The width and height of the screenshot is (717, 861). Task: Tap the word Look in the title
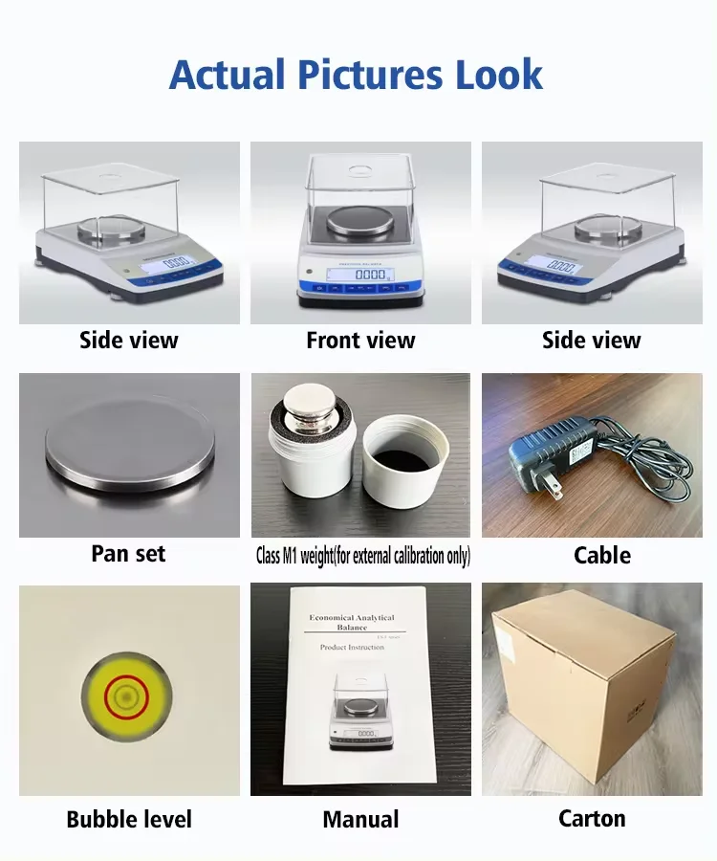coord(495,75)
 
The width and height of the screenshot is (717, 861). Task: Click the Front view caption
coord(360,340)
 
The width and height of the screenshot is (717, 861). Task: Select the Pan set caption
coord(128,554)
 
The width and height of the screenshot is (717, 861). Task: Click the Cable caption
coord(601,555)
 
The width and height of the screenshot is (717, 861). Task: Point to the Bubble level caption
coord(129,820)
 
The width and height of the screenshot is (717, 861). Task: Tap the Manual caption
coord(360,820)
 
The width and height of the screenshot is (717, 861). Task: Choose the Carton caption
coord(592,819)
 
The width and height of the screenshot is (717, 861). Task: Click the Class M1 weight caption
coord(362,556)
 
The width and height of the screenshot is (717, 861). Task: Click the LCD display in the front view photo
coord(359,275)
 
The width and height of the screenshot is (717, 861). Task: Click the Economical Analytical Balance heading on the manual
coord(352,623)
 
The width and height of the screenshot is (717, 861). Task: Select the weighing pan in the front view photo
coord(359,221)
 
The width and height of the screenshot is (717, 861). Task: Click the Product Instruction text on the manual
coord(352,648)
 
